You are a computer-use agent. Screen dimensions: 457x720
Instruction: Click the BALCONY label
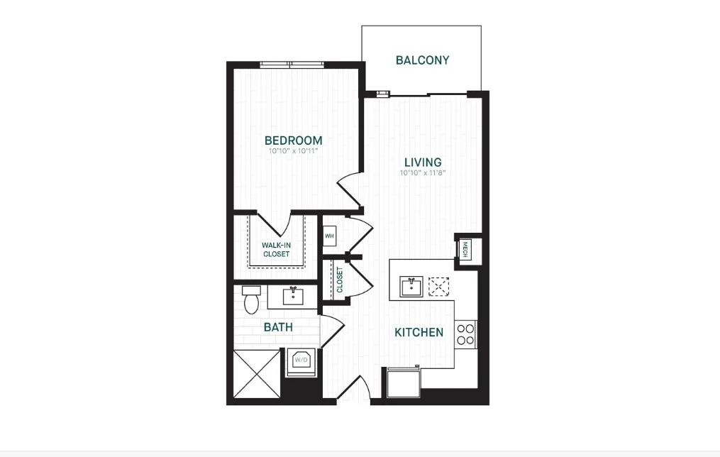422,60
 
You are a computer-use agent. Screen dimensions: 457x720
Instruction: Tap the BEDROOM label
293,141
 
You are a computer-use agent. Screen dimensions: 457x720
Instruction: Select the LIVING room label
422,163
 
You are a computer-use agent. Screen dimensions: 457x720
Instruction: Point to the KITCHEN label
419,332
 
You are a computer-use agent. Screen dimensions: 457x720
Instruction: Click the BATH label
278,327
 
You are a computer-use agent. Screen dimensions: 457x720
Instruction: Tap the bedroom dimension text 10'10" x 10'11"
293,151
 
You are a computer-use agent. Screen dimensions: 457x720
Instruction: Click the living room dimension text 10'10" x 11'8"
422,172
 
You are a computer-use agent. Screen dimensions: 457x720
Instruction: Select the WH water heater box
329,236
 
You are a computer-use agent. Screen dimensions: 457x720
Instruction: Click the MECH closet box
465,249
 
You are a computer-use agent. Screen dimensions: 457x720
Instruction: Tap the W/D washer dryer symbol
299,360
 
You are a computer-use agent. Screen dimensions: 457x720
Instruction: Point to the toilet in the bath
251,299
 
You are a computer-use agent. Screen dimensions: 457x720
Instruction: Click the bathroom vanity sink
292,294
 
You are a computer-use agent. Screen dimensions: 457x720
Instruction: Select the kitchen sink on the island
411,287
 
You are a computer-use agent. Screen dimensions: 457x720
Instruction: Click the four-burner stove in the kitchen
465,334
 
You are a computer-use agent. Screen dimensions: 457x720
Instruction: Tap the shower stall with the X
255,373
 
